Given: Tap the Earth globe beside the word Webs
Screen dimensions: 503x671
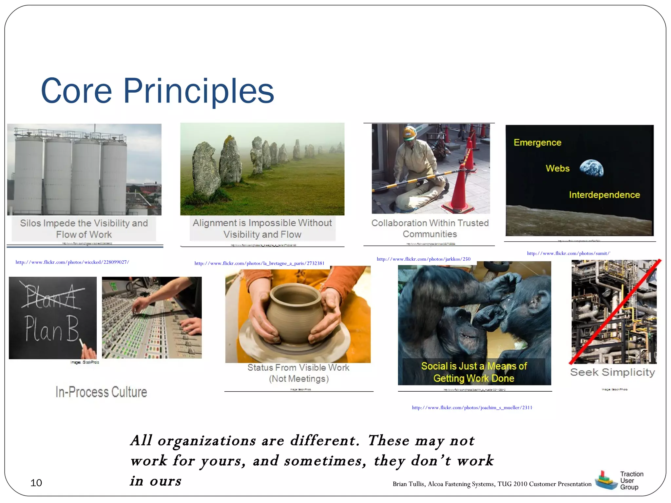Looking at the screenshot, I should pyautogui.click(x=591, y=168).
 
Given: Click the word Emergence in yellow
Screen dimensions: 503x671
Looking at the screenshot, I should pyautogui.click(x=537, y=142).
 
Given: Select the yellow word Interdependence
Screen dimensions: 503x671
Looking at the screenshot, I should pyautogui.click(x=604, y=195).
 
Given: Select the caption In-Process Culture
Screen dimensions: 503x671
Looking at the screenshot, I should pyautogui.click(x=101, y=392).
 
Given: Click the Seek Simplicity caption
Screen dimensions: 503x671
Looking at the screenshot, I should pyautogui.click(x=612, y=372).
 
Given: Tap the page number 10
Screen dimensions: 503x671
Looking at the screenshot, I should pyautogui.click(x=36, y=483).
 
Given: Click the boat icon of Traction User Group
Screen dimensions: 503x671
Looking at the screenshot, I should pyautogui.click(x=605, y=481).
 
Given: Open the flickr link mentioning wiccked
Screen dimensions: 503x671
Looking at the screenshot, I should pyautogui.click(x=72, y=262).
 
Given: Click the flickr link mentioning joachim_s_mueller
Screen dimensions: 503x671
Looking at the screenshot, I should pyautogui.click(x=472, y=408).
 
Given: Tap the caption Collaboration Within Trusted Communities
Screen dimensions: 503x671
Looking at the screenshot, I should pyautogui.click(x=430, y=228).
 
